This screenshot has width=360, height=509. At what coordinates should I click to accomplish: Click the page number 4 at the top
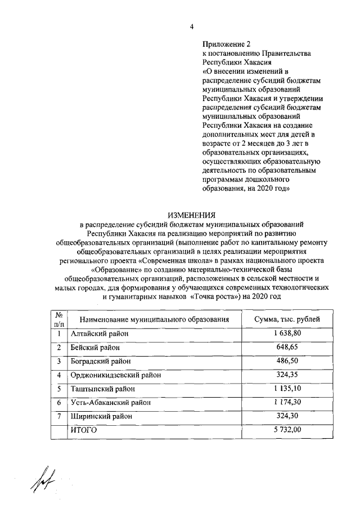coord(191,26)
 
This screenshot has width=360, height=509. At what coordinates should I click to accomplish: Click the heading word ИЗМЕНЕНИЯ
coord(191,214)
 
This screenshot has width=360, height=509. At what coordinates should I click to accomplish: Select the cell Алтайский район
coord(99,334)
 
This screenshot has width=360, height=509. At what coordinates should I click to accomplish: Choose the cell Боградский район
coord(101,361)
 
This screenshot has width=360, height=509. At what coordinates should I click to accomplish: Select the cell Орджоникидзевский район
coord(115,375)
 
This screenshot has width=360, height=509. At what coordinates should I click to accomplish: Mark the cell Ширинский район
coord(101,417)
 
